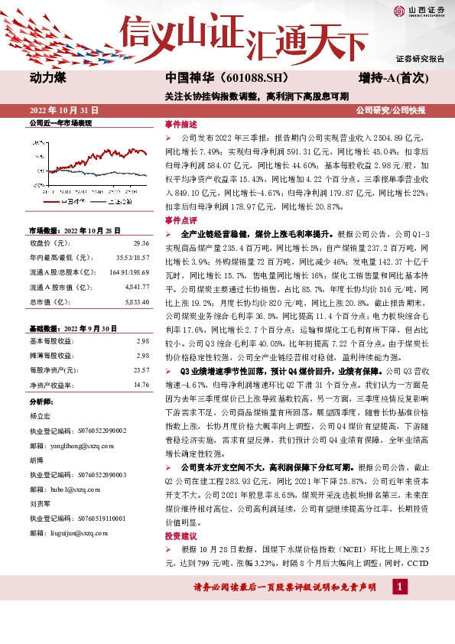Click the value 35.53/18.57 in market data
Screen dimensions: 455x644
(x=132, y=257)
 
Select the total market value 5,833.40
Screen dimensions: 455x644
(x=136, y=301)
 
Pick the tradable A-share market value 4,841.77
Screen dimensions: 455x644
(x=136, y=286)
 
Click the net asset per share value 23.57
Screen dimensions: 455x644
(x=141, y=369)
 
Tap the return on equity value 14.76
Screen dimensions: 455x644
(x=141, y=384)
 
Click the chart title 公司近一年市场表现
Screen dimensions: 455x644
(x=60, y=122)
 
